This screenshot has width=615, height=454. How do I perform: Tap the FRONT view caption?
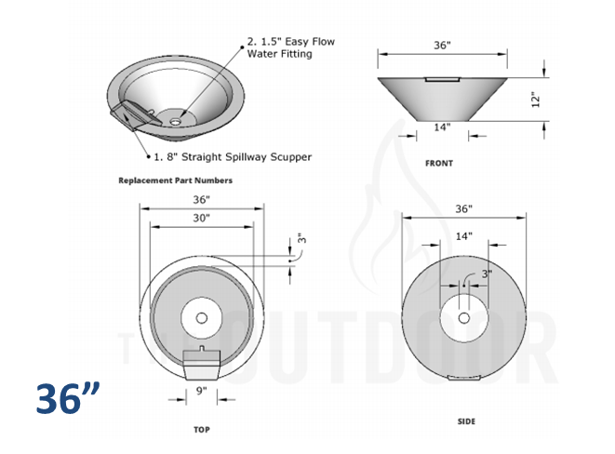[x=439, y=163]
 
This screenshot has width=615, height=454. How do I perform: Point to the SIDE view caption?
[x=466, y=421]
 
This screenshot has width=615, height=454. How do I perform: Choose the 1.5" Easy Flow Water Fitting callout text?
[x=290, y=47]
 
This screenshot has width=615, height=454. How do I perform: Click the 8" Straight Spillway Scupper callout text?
[x=233, y=156]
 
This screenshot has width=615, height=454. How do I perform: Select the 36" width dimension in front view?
[x=442, y=45]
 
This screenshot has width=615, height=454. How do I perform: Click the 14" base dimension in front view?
[x=441, y=127]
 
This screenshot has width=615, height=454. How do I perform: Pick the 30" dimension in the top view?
[x=201, y=218]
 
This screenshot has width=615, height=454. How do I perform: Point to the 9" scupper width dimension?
[x=201, y=392]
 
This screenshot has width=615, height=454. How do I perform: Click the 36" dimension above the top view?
[x=201, y=198]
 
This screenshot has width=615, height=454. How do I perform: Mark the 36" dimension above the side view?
[x=464, y=208]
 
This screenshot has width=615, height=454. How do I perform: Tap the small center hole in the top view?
[x=201, y=318]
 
